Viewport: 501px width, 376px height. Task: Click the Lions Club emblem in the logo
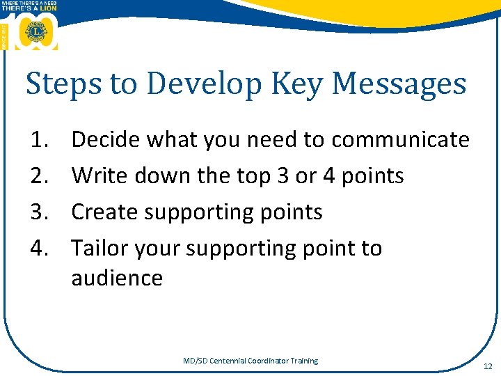coord(34,31)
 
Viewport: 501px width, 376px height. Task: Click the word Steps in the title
coord(57,84)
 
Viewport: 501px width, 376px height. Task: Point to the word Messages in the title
coord(399,84)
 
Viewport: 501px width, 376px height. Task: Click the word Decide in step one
coord(102,140)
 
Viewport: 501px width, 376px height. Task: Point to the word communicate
coord(400,140)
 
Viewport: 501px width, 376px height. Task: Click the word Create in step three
coord(102,212)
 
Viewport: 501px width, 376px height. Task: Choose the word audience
coord(117,279)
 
